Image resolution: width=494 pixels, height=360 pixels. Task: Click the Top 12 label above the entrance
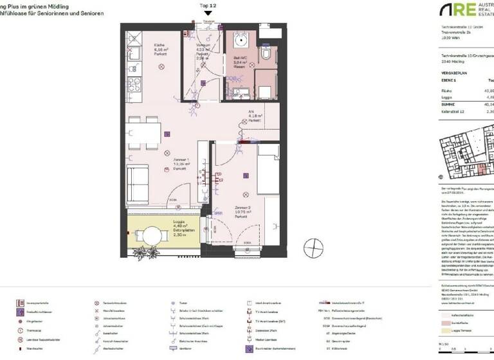[x=207, y=5]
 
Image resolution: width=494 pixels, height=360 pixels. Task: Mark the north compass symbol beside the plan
[x=313, y=246]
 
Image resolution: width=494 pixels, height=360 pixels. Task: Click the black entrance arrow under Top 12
[x=207, y=14]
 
